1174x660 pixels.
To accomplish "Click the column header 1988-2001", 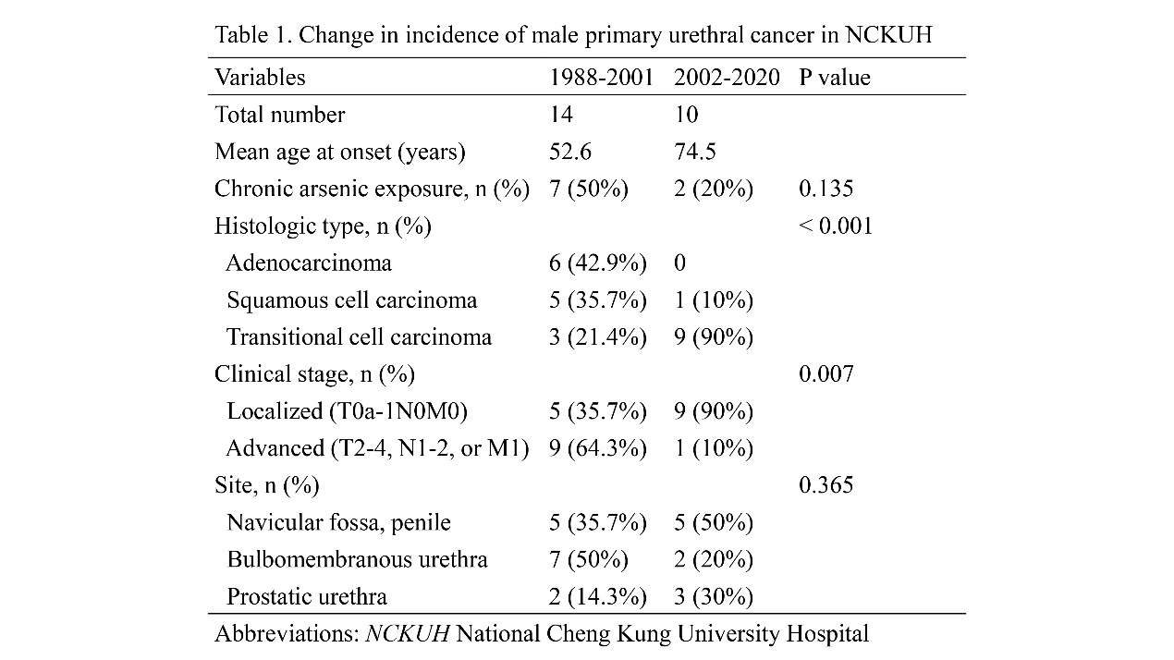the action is tap(601, 78).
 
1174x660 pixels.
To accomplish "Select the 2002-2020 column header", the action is tap(727, 78).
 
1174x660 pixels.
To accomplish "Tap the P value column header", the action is tap(835, 78).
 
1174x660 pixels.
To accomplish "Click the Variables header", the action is tap(260, 78).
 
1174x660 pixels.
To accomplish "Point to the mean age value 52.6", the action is tap(570, 152).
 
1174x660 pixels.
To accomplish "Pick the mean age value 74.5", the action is tap(695, 152).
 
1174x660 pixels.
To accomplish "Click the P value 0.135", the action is tap(826, 189).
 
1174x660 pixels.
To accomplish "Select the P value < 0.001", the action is tap(836, 226).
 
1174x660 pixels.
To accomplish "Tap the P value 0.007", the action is tap(826, 374).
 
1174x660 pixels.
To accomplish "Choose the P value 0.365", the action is tap(826, 485).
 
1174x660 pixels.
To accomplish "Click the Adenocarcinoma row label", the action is tap(309, 263).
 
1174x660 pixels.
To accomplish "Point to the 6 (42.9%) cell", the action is tap(597, 263).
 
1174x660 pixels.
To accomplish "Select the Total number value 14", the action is tap(561, 115).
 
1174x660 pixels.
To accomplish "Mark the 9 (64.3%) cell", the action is tap(597, 448).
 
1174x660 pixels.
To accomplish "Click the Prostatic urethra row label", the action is tap(307, 596).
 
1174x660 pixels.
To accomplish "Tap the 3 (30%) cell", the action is tap(714, 597).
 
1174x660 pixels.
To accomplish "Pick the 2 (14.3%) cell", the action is tap(597, 597).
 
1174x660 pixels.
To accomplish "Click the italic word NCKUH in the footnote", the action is tap(408, 634).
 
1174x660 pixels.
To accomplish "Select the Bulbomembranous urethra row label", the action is tap(357, 560).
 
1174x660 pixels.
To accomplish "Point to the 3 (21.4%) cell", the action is tap(597, 337).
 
